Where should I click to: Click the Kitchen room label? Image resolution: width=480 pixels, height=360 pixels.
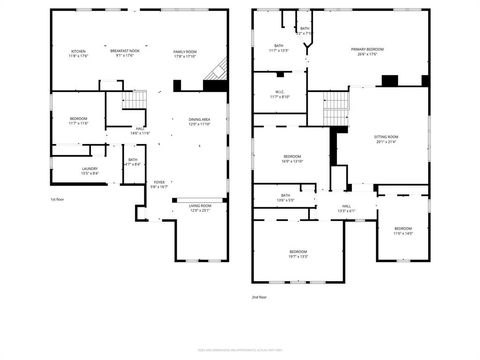tap(78, 53)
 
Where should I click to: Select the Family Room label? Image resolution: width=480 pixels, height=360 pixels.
tap(185, 53)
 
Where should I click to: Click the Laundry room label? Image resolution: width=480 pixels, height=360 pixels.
tap(89, 171)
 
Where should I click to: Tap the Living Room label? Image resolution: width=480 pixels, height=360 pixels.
tap(200, 208)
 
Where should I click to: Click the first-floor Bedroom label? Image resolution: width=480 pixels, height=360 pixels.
tap(79, 121)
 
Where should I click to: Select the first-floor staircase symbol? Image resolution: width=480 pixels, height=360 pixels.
tap(137, 99)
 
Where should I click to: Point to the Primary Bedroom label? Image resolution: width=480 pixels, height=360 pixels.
tap(368, 50)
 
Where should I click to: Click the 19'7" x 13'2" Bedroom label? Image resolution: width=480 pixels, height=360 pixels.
tap(298, 252)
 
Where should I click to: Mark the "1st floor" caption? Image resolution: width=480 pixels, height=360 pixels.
tap(58, 199)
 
